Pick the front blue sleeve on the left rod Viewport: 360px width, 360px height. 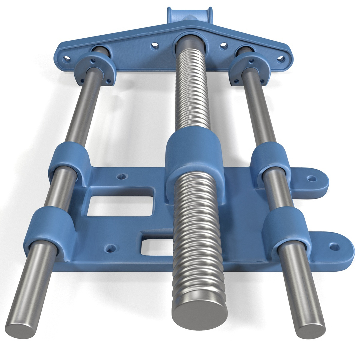pyautogui.click(x=50, y=227)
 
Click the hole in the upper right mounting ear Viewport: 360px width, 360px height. pyautogui.click(x=312, y=179)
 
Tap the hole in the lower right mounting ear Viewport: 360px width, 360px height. pyautogui.click(x=334, y=247)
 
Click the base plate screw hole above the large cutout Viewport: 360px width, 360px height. pyautogui.click(x=122, y=176)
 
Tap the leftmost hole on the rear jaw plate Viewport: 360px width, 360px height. pyautogui.click(x=67, y=59)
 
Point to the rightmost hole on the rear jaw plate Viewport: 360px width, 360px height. pyautogui.click(x=281, y=59)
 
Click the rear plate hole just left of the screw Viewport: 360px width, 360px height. pyautogui.click(x=155, y=46)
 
